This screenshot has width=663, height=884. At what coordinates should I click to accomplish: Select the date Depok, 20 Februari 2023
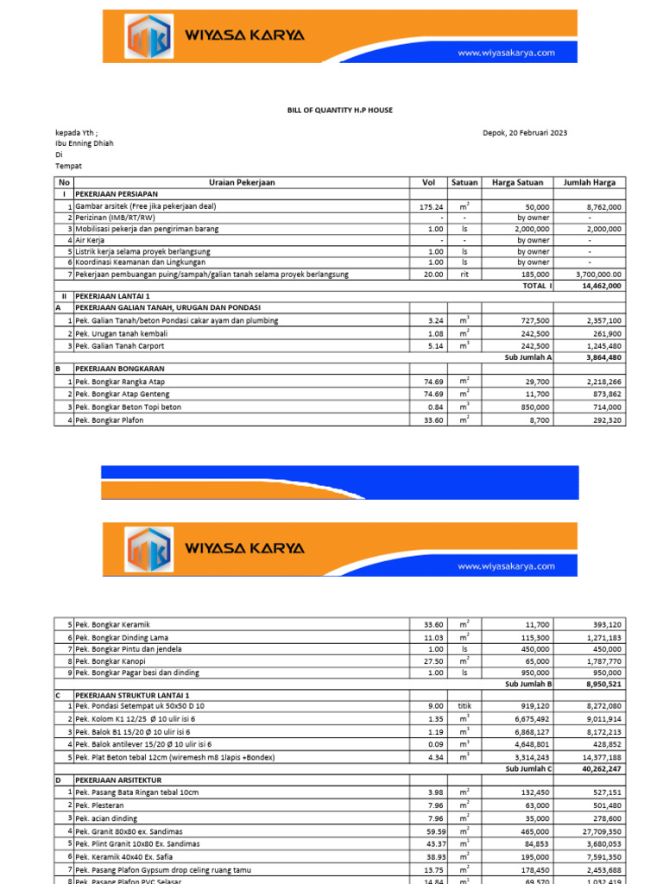click(x=525, y=132)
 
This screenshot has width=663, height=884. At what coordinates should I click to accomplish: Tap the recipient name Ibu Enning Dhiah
click(x=84, y=143)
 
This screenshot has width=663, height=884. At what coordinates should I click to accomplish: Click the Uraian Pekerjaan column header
click(x=241, y=183)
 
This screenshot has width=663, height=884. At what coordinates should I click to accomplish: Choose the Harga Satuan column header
click(x=516, y=183)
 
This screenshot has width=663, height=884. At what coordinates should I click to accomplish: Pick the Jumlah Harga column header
click(x=590, y=183)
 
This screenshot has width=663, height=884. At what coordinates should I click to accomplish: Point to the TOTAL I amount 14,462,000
click(x=603, y=285)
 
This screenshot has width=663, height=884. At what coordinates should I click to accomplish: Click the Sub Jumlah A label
click(x=527, y=357)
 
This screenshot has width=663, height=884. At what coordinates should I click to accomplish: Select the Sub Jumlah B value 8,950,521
click(x=603, y=683)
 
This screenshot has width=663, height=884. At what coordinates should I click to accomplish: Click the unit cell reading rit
click(x=464, y=274)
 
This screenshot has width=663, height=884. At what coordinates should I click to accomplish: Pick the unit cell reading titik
click(x=464, y=706)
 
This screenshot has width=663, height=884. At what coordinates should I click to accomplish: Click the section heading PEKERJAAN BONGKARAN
click(x=120, y=369)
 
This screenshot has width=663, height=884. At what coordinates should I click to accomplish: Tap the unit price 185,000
click(x=533, y=274)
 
